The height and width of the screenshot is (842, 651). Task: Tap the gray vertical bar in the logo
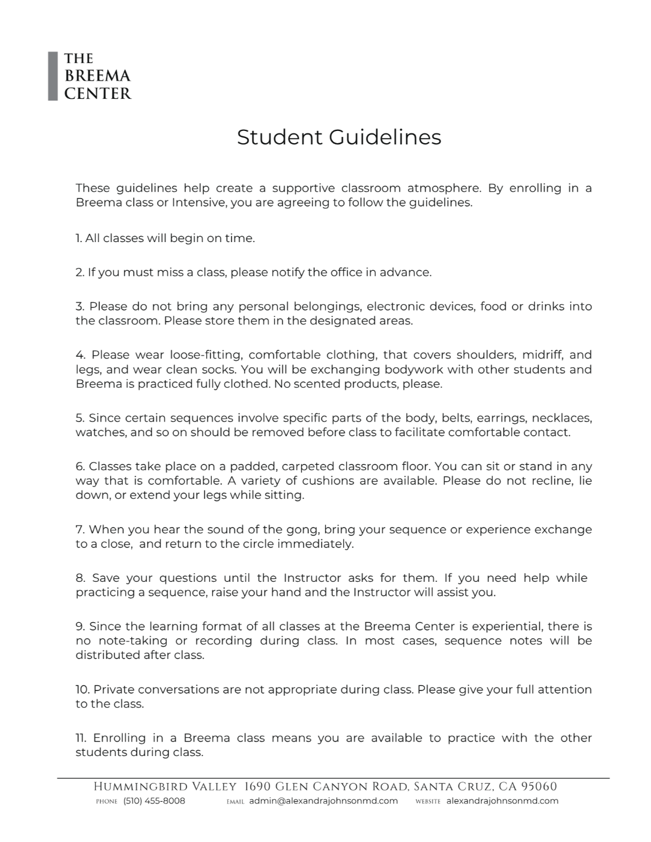point(53,76)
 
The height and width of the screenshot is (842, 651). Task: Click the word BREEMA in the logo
point(98,76)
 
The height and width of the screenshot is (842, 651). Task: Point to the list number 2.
point(80,272)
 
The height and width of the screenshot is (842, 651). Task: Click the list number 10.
point(82,689)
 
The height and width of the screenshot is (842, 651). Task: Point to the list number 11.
point(81,738)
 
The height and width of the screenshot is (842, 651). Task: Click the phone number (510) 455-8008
point(154,801)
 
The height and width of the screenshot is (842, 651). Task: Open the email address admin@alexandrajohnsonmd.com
point(324,801)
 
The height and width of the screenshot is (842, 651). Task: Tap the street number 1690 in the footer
point(258,787)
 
